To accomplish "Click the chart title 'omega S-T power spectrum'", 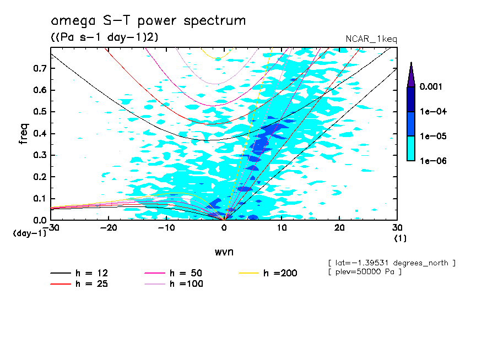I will (x=148, y=21).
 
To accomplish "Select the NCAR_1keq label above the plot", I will (x=371, y=39).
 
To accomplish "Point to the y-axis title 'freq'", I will (x=24, y=134).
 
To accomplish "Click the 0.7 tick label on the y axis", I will (x=39, y=68).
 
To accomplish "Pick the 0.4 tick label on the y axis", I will (x=39, y=134).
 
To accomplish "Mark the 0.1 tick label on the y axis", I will (x=39, y=199).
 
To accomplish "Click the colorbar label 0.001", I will (x=433, y=87).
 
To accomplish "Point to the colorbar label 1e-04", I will (x=433, y=112).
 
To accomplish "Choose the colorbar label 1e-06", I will (x=433, y=161).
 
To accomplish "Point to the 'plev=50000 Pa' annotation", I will (x=364, y=272).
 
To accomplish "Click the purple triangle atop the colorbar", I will (x=411, y=74).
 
